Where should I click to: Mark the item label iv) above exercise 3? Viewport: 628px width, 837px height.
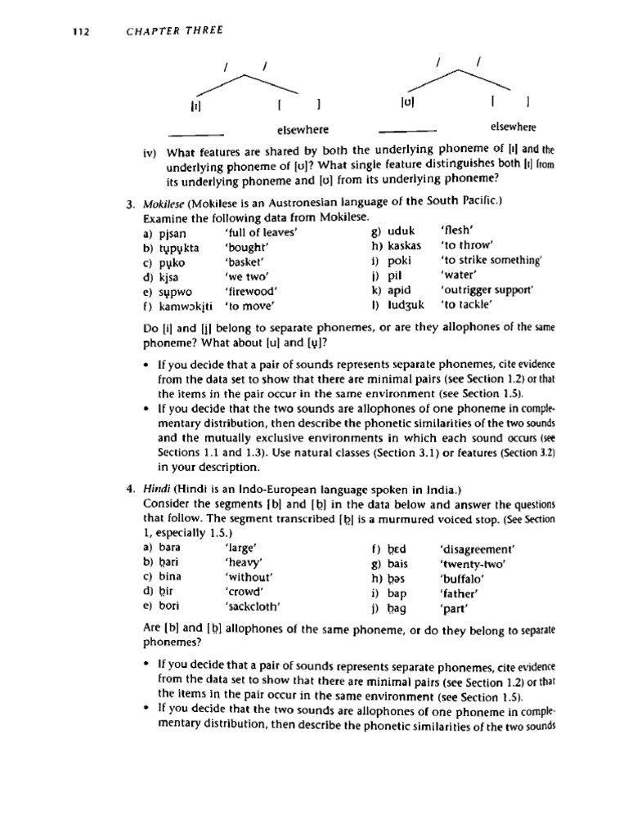click(150, 150)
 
